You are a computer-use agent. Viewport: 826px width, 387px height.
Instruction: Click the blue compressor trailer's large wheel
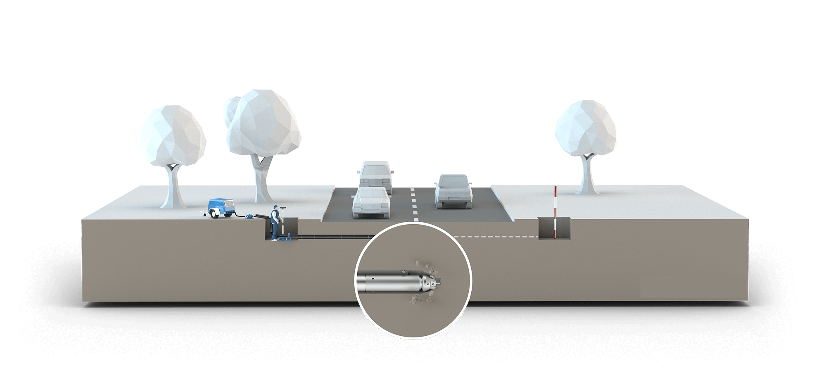pos(214,214)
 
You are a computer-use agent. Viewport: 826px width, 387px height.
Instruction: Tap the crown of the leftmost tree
pos(171,135)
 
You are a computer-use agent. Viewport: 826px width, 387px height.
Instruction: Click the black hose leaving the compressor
pos(237,215)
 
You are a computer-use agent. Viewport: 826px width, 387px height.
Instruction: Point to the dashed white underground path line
pos(496,237)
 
